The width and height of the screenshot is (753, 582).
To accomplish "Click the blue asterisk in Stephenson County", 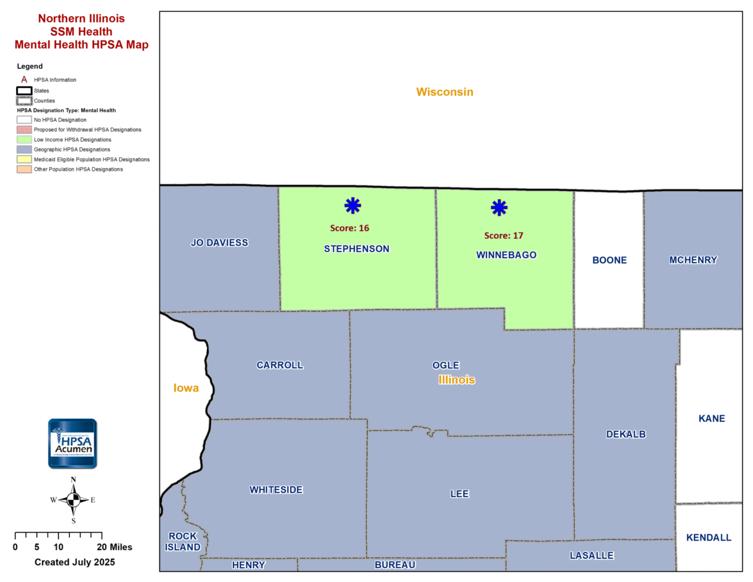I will point(353,205).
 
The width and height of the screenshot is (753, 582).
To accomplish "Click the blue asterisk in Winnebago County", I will point(499,207).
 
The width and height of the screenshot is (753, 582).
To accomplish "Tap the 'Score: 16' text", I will point(350,228).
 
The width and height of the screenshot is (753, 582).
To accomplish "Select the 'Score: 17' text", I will point(504,235).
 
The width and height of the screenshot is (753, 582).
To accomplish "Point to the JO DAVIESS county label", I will point(219,242).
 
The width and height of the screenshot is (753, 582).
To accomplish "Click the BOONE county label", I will point(609,260).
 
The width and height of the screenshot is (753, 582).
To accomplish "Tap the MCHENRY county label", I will point(693,260).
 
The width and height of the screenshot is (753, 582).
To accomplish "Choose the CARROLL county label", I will point(280,365).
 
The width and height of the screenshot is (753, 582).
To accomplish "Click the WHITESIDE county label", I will point(276,489).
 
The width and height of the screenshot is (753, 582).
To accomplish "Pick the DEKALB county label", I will point(626,434).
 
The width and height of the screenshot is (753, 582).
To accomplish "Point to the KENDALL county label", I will point(708,537).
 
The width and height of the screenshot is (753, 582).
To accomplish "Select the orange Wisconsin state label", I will point(444,92).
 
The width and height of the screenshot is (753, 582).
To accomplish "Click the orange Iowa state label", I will point(186,388).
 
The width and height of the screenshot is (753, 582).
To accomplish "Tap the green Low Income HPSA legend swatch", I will point(24,140).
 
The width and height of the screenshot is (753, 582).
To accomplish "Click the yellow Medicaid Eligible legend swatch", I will point(24,160).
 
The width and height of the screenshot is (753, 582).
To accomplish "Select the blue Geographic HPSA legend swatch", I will point(24,149).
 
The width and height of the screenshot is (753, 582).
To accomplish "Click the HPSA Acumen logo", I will point(73,444).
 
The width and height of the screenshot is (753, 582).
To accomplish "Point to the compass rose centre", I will point(74,500).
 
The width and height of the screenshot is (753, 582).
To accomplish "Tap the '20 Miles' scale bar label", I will point(114,547).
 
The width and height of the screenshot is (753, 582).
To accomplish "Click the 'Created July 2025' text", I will point(75,562).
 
